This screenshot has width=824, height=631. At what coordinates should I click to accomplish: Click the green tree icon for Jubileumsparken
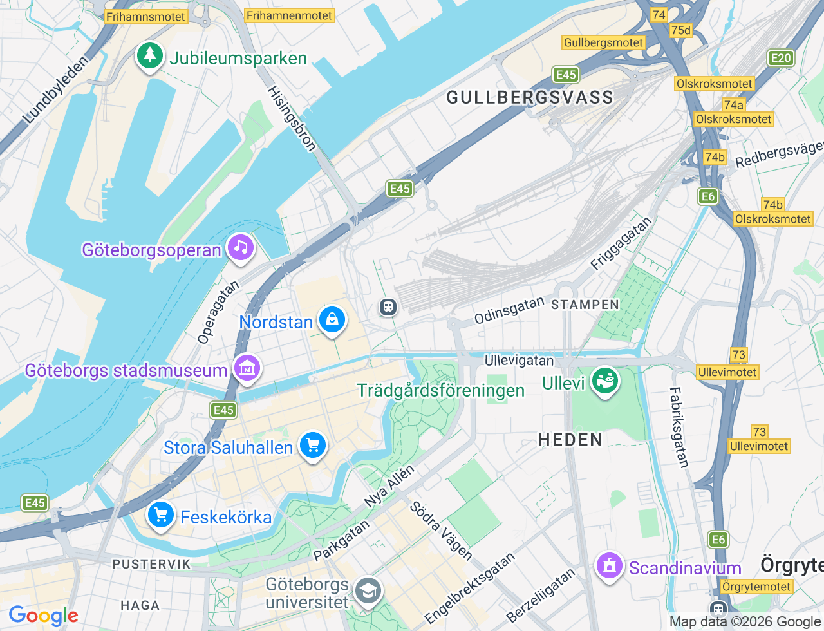pyautogui.click(x=149, y=55)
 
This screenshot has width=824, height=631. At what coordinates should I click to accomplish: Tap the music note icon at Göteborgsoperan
pyautogui.click(x=241, y=247)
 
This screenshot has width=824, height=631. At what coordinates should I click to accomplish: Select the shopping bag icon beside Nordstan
pyautogui.click(x=332, y=319)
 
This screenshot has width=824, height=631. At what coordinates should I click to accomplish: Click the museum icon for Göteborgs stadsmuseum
pyautogui.click(x=247, y=368)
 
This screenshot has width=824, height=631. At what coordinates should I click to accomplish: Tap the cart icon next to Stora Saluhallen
pyautogui.click(x=313, y=445)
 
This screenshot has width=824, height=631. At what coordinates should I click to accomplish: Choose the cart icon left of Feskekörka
pyautogui.click(x=160, y=515)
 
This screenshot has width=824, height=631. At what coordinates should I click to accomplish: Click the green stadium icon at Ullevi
pyautogui.click(x=604, y=381)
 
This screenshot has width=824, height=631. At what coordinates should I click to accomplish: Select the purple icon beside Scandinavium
pyautogui.click(x=610, y=566)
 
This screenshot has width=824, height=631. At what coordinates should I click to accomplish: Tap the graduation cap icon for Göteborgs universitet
pyautogui.click(x=368, y=590)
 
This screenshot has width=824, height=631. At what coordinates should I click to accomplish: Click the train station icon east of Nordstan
pyautogui.click(x=388, y=306)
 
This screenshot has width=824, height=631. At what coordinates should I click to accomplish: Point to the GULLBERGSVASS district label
pyautogui.click(x=530, y=97)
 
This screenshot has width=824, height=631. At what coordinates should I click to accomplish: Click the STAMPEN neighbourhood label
pyautogui.click(x=585, y=305)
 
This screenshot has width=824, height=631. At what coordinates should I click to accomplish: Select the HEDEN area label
pyautogui.click(x=570, y=440)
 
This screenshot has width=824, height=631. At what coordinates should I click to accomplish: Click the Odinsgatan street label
pyautogui.click(x=509, y=310)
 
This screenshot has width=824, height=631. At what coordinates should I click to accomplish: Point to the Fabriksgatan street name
pyautogui.click(x=679, y=427)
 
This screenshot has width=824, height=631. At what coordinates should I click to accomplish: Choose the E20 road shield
pyautogui.click(x=781, y=58)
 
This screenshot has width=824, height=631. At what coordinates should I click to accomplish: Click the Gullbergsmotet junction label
pyautogui.click(x=603, y=42)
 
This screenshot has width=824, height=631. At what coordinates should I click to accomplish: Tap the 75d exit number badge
pyautogui.click(x=680, y=30)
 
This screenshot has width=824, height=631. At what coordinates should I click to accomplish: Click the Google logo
pyautogui.click(x=43, y=616)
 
